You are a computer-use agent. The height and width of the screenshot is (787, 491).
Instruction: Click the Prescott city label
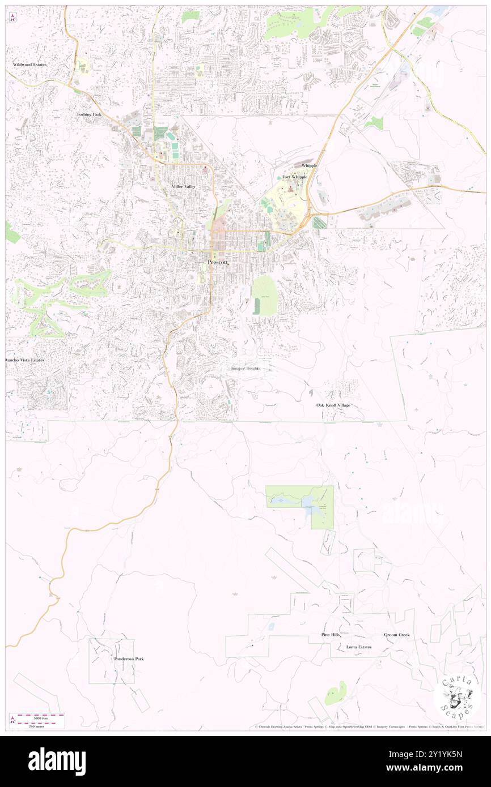[218, 262]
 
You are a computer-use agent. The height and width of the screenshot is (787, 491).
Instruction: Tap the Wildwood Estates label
[30, 65]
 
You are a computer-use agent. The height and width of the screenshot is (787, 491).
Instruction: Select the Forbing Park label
[89, 114]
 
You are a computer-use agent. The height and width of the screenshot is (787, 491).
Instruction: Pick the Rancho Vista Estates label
[24, 360]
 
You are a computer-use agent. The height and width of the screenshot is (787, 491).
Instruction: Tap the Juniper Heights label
[245, 369]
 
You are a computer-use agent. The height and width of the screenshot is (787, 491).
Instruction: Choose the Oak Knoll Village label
[333, 405]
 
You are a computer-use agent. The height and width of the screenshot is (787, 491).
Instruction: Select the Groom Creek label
[396, 635]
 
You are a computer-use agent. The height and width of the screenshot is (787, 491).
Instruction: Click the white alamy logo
[57, 761]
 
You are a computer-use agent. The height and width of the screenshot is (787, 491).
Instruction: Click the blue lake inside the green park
[310, 502]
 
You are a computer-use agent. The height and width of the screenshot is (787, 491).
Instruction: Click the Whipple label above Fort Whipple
[310, 165]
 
